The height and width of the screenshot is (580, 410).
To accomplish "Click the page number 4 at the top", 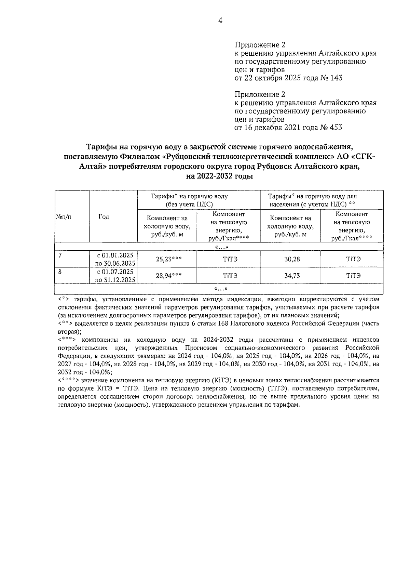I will (x=220, y=21).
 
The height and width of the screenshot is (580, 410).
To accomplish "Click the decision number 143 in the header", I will (x=336, y=78).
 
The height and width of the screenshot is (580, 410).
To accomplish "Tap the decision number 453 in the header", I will (x=335, y=128).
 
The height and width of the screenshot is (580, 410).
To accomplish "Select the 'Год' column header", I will (x=104, y=217).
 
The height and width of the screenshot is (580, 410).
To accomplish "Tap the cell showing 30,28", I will (x=292, y=259).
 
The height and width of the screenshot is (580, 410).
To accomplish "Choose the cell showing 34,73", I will (x=292, y=276).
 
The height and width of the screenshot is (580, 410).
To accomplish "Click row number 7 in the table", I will (x=60, y=255).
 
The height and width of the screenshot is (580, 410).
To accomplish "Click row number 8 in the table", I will (x=60, y=271).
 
